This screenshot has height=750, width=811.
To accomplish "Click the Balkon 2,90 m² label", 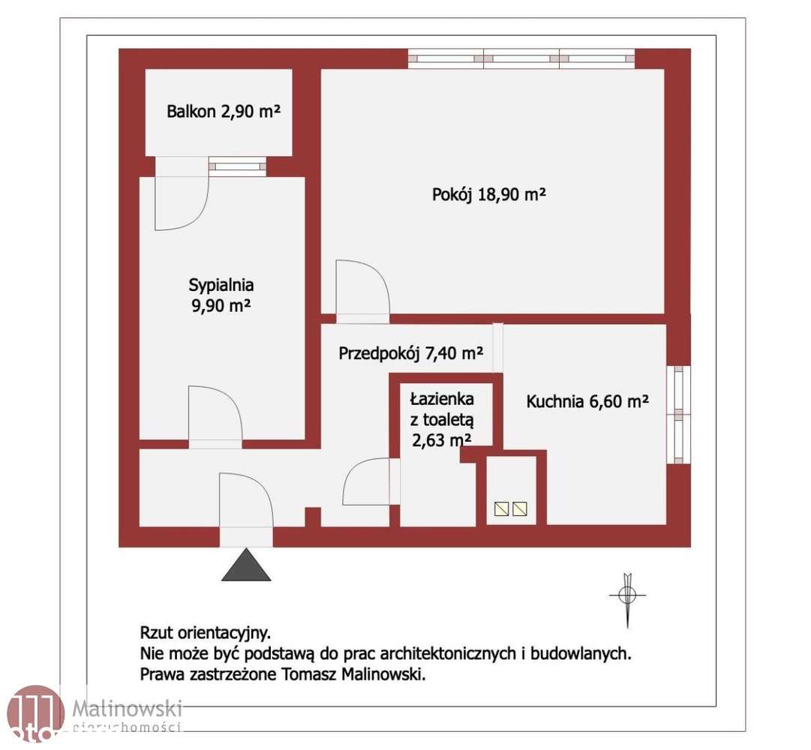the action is tap(224, 112).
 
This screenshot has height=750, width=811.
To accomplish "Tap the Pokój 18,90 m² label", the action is tap(488, 195).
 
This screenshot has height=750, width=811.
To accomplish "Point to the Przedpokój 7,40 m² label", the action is tap(410, 352).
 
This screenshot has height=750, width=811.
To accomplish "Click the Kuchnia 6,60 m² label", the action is tap(587, 401).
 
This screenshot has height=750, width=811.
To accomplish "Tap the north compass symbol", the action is tap(628, 595).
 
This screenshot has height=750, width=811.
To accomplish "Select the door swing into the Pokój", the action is tap(362, 289).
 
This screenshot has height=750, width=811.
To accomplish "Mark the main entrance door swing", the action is tap(246, 501).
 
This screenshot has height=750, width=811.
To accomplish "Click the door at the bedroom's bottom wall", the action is tap(215, 414).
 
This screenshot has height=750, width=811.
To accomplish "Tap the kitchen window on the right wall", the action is tap(679, 414).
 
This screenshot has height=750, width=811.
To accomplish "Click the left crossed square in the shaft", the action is tap(501, 509).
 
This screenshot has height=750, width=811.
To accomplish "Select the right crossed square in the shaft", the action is tap(520, 509).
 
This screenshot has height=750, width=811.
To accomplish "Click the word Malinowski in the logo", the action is tap(128, 706).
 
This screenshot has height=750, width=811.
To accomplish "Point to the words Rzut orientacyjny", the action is tap(206, 632).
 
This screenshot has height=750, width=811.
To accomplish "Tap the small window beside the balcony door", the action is tap(237, 166).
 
